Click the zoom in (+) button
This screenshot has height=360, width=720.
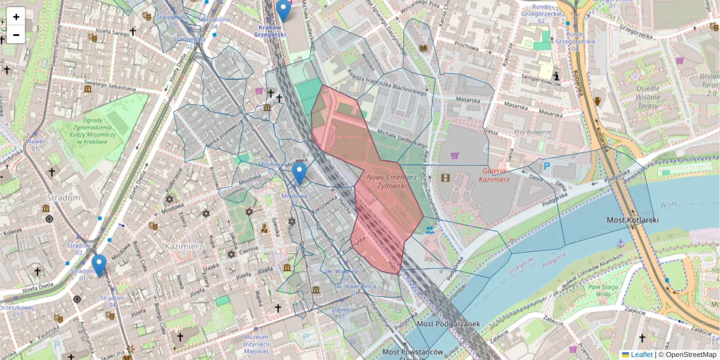16,16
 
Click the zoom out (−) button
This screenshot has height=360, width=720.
16,35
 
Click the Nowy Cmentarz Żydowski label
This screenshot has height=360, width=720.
391,182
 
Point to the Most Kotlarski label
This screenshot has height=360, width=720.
632,221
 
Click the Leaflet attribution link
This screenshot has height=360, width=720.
641,355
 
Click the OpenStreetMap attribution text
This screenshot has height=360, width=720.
690,355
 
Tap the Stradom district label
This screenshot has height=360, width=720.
63,197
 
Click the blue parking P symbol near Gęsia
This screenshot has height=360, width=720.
547,166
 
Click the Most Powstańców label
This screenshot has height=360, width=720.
412,352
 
